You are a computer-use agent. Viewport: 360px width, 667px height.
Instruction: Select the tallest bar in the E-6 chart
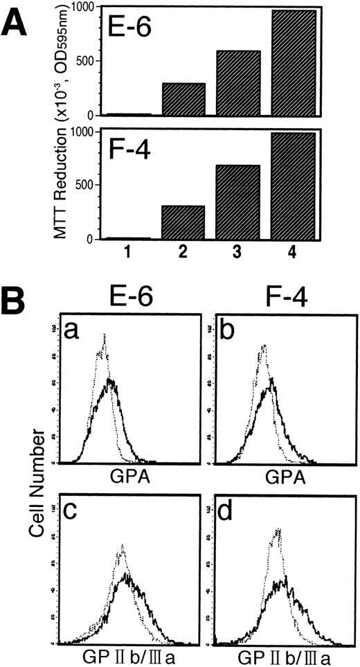click(x=290, y=62)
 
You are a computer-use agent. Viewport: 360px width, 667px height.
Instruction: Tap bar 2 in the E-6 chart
click(x=183, y=98)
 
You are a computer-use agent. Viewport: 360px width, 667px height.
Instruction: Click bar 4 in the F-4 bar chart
click(x=290, y=186)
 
